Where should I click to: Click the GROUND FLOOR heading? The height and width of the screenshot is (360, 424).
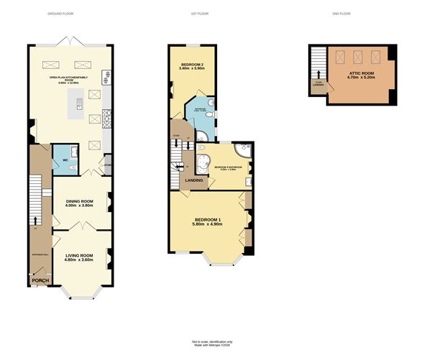coord(60,14)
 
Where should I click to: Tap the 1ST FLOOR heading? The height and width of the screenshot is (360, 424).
coord(199,14)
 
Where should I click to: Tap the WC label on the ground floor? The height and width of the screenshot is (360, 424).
coord(65,160)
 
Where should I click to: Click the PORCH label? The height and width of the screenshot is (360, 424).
coord(40,280)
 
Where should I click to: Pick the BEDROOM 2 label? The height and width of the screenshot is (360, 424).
coord(191,67)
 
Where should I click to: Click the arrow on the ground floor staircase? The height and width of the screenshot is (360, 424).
coord(35,220)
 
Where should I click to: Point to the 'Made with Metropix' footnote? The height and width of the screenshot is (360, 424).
coord(212,345)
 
